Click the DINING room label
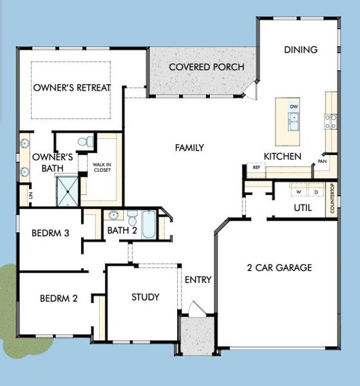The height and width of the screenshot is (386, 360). click(300, 50)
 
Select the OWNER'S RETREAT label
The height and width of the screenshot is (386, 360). click(72, 88)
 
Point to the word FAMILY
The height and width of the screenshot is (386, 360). click(189, 148)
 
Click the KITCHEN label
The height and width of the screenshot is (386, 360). click(283, 156)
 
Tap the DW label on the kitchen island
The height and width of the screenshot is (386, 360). click(294, 106)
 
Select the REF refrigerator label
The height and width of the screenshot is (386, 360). click(256, 167)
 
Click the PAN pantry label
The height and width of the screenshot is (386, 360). click(322, 161)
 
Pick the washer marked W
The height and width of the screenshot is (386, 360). click(299, 192)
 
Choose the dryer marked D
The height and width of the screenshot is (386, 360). click(316, 192)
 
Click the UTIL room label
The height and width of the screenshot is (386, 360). click(303, 208)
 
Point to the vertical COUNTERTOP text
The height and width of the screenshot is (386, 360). click(332, 199)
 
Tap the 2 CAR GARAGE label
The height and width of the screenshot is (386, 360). click(279, 268)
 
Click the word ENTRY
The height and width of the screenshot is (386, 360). click(198, 280)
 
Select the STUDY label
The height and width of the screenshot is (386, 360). click(145, 297)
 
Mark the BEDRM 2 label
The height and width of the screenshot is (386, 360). click(59, 299)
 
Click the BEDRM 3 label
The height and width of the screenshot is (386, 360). click(50, 233)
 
